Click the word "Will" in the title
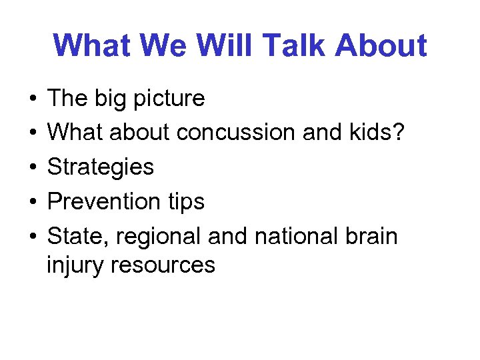coord(221,45)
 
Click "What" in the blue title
coord(91,45)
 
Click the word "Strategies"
coord(101,166)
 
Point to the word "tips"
coord(187,201)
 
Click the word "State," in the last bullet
coord(75,235)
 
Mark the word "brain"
coord(371,235)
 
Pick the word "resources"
coord(164,265)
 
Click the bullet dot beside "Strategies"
coord(33,167)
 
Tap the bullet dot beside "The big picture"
coord(33,99)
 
